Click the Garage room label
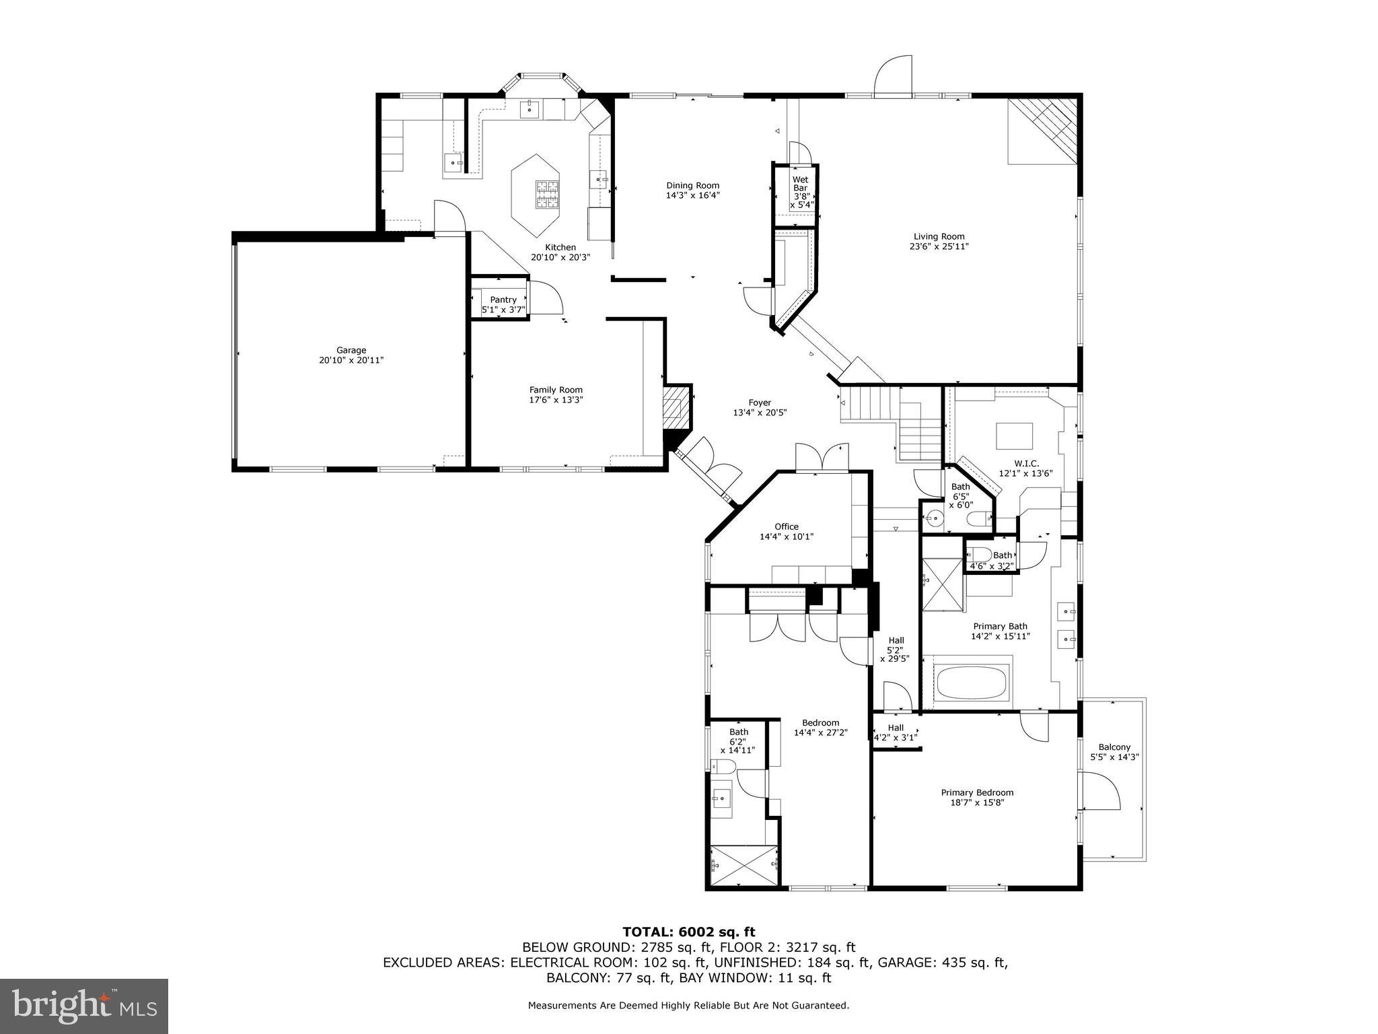351,350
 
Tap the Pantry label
503,300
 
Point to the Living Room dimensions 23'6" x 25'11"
939,246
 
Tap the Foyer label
760,403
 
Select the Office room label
786,526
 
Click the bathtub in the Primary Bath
972,683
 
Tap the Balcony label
1114,747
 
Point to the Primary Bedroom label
977,792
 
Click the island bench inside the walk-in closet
1015,436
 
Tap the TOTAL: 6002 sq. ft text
688,932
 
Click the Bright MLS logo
84,1006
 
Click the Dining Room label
692,185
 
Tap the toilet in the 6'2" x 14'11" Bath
724,766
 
